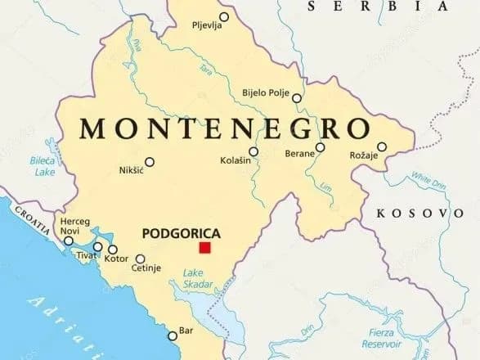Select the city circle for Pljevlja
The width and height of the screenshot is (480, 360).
pos(224,16)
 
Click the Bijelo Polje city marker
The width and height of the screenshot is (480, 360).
pos(297,98)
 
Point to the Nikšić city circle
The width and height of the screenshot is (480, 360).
pos(149,161)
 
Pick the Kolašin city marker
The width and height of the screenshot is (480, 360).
pos(253,151)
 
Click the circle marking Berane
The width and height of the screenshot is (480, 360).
pos(321,148)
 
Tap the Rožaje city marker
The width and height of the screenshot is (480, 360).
pos(382,147)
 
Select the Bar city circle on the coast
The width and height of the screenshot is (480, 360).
pos(172,335)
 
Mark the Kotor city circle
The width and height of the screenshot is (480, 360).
pos(113,250)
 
